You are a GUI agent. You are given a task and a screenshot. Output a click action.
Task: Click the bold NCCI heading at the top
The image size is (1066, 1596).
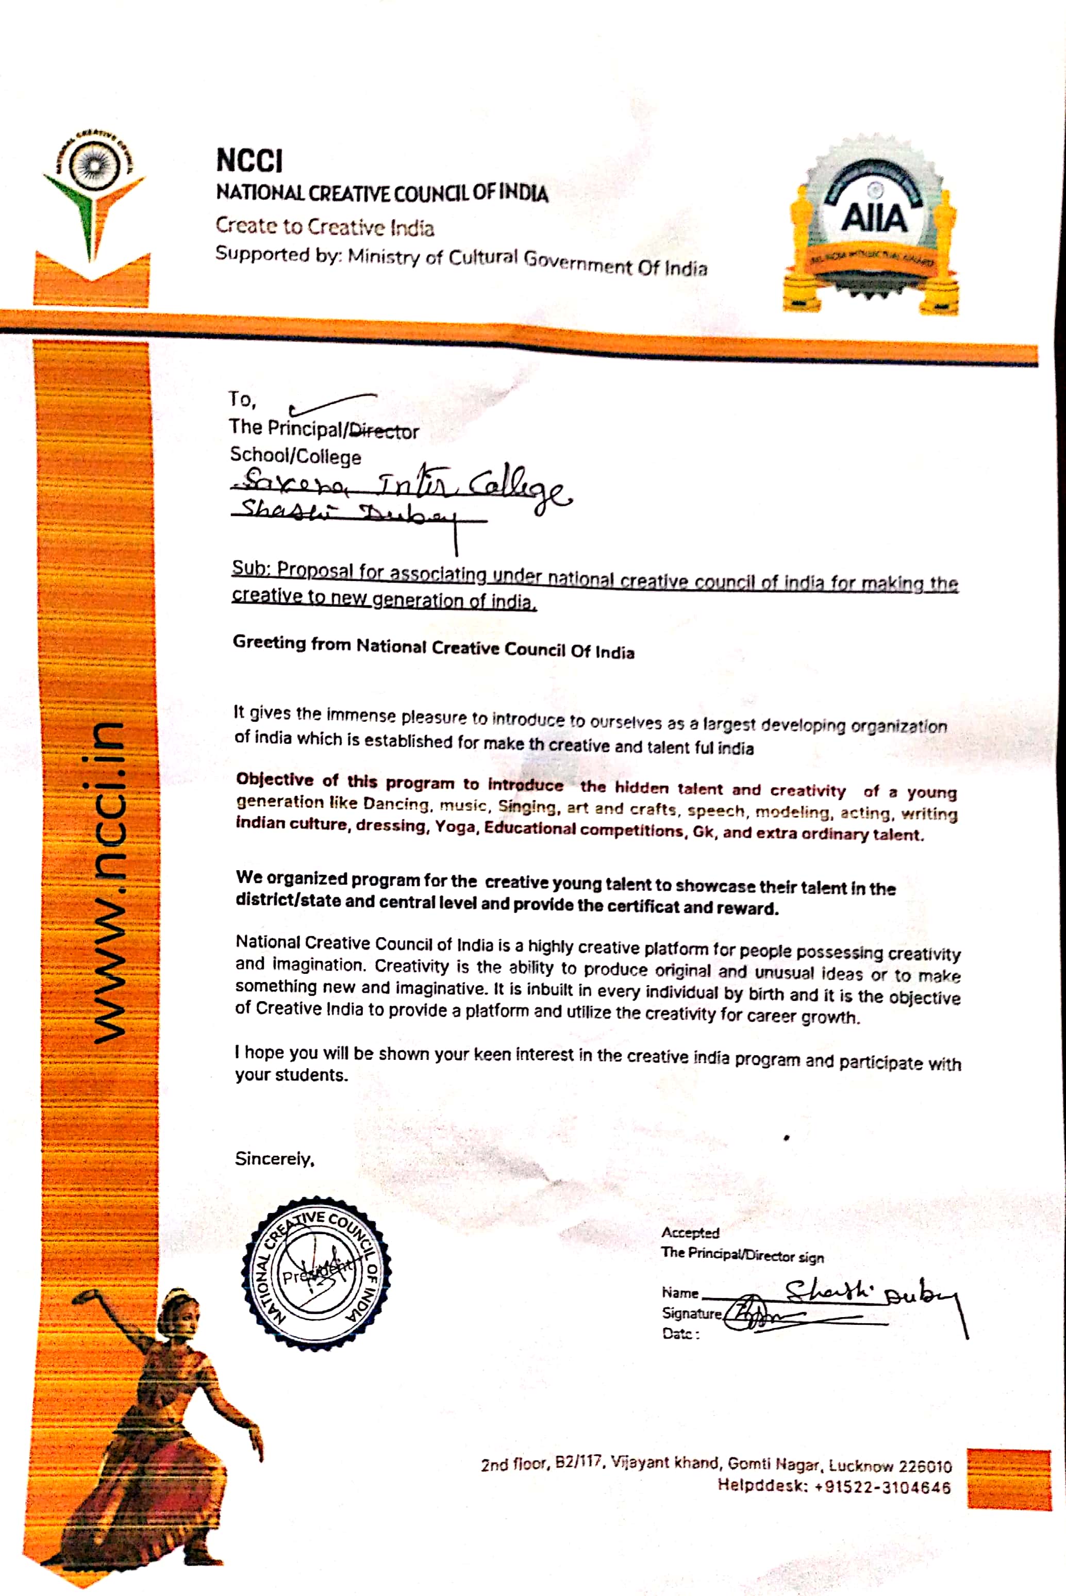tap(249, 161)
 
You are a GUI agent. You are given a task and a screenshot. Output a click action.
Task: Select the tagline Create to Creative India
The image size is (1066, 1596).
tap(324, 226)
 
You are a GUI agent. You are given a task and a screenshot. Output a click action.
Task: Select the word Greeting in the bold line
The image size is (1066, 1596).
tap(269, 642)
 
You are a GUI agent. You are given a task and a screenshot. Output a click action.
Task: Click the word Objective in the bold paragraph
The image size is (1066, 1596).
tap(275, 779)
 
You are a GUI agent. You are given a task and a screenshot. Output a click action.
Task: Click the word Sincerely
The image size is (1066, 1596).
tap(274, 1158)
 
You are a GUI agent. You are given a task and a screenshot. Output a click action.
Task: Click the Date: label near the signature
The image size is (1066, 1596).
tap(680, 1334)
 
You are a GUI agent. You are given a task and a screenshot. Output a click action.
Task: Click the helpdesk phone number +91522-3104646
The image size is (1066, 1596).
tap(882, 1487)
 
